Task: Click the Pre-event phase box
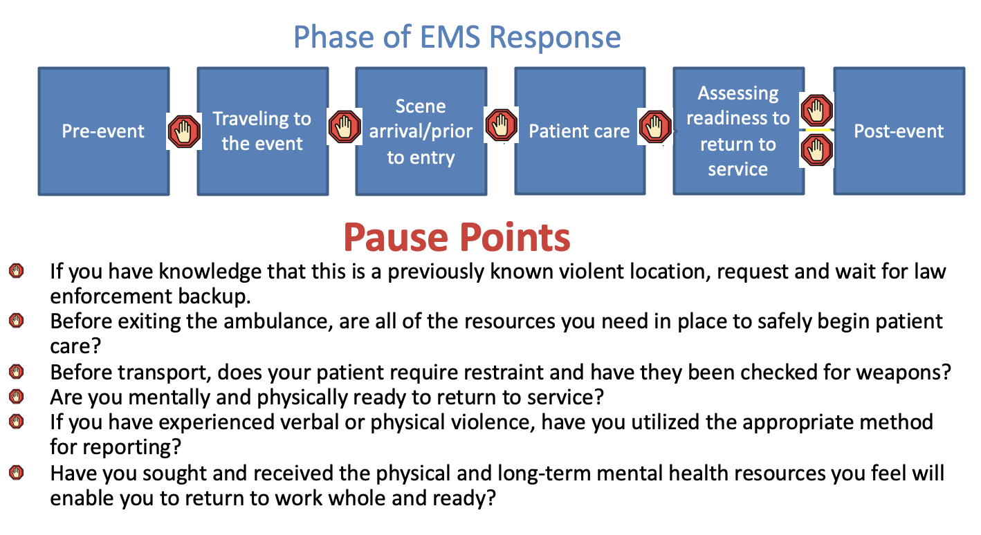(x=103, y=131)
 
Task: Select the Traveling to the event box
(x=262, y=131)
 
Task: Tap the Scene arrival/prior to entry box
(x=421, y=131)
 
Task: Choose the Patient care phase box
(x=579, y=131)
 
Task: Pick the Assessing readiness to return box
(x=738, y=131)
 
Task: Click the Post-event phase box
(x=899, y=131)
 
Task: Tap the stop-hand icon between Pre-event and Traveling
(x=184, y=131)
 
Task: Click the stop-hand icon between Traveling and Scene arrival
(x=344, y=126)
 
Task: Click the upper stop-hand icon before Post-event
(x=817, y=111)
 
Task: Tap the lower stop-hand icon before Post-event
(x=817, y=149)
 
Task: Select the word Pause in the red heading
(x=398, y=237)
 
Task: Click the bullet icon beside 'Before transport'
(x=16, y=372)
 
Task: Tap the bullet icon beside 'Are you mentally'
(x=16, y=396)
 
